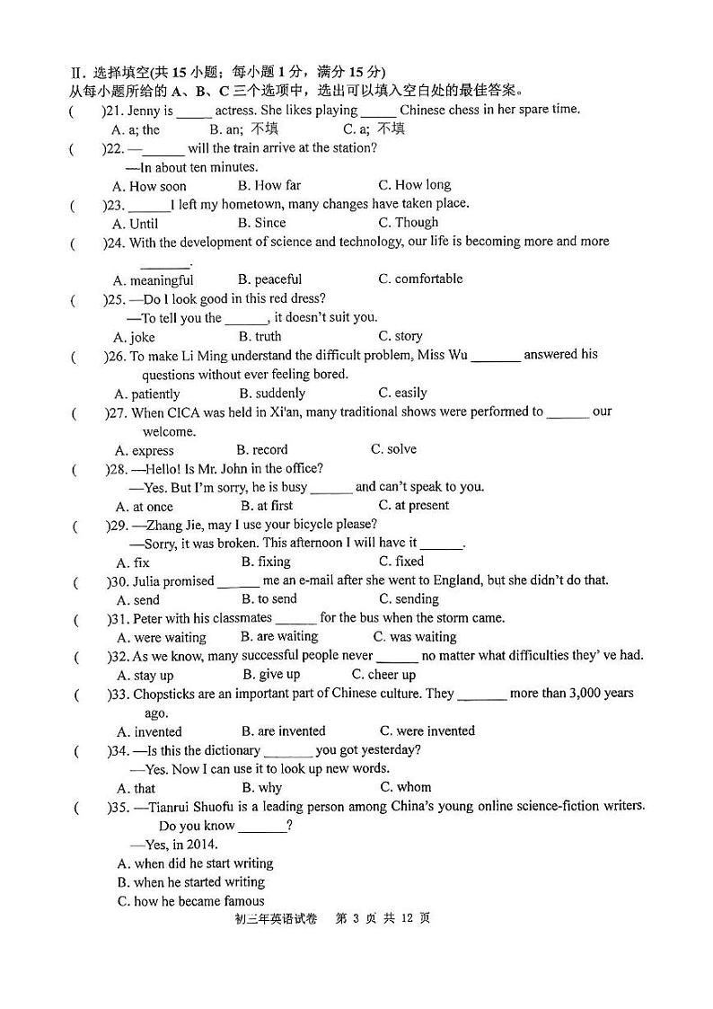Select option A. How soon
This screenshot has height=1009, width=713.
pyautogui.click(x=149, y=186)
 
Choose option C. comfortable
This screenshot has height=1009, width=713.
pyautogui.click(x=420, y=279)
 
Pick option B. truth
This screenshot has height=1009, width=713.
pyautogui.click(x=260, y=336)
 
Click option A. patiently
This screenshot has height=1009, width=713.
pyautogui.click(x=147, y=394)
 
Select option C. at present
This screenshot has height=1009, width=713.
pyautogui.click(x=414, y=505)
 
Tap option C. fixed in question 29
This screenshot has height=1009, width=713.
pyautogui.click(x=401, y=562)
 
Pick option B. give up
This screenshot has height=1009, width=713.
pyautogui.click(x=272, y=674)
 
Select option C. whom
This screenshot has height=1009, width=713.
pyautogui.click(x=405, y=787)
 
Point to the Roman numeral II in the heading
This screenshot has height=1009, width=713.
pyautogui.click(x=76, y=72)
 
